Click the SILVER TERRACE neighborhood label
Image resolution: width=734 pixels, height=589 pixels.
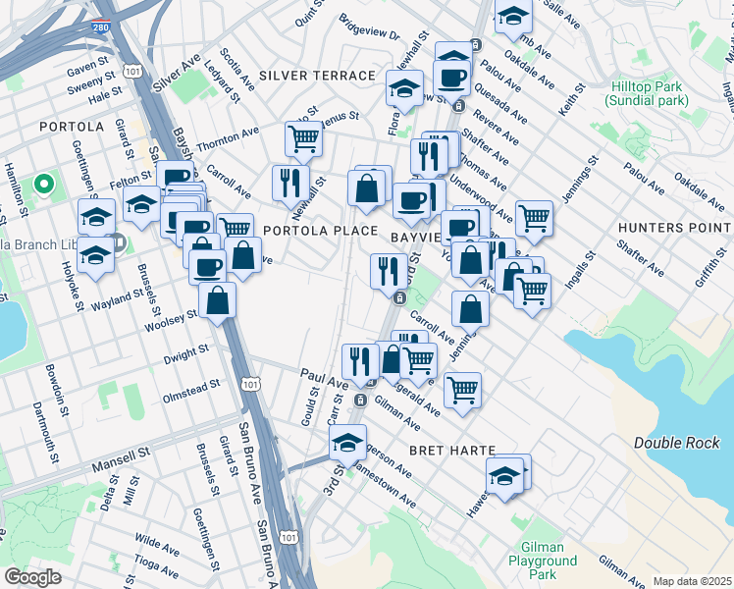(317, 76)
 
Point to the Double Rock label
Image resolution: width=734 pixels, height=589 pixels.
(676, 443)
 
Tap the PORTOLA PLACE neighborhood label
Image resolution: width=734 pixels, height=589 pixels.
(320, 231)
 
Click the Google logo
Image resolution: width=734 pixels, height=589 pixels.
(32, 577)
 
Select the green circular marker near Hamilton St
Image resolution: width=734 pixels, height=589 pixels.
(44, 184)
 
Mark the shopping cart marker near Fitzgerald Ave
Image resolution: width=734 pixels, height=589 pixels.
(462, 389)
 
